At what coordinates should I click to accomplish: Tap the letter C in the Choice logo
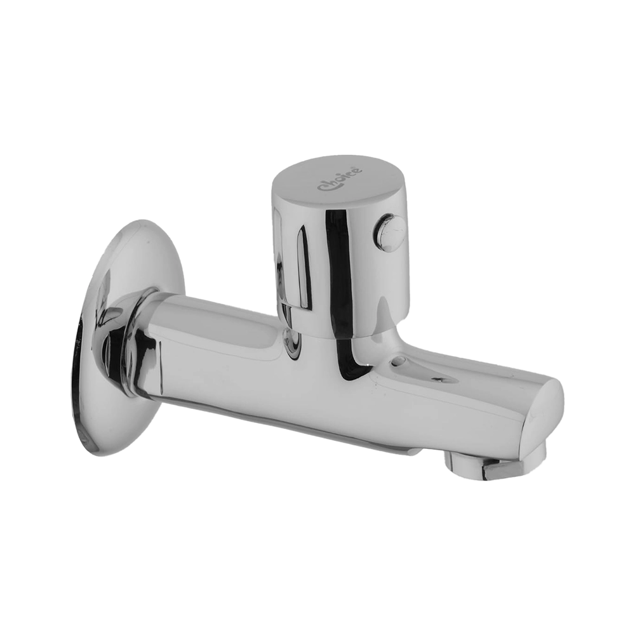click(322, 187)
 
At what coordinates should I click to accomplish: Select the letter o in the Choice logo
click(339, 180)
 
